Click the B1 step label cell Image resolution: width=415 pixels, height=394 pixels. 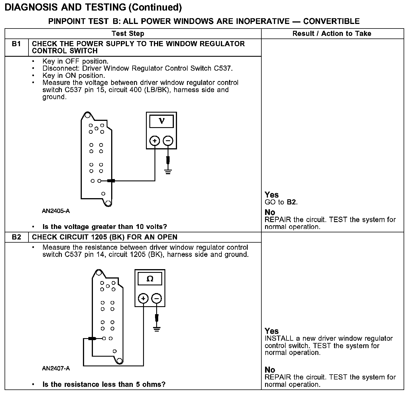[17, 44]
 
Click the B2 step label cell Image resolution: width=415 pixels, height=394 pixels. [17, 237]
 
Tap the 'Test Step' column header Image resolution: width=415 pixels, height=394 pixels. [128, 34]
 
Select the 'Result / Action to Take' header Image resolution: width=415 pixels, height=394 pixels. [332, 34]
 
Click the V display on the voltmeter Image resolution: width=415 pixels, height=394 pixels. [161, 121]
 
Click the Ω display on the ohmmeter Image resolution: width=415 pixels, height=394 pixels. [150, 279]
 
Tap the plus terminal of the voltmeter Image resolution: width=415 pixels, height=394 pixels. [155, 141]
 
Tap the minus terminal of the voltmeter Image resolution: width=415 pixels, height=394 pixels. [168, 141]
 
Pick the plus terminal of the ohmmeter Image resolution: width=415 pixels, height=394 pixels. [143, 298]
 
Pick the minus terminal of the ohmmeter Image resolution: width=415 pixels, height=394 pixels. [156, 298]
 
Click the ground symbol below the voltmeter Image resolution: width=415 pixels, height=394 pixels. [168, 172]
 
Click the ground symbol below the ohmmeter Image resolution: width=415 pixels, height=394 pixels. [156, 329]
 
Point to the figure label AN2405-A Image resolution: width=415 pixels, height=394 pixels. [56, 211]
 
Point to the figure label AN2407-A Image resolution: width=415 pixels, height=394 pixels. [56, 368]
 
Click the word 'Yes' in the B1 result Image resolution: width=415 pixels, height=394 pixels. [271, 195]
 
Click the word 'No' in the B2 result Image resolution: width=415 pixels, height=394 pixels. [270, 370]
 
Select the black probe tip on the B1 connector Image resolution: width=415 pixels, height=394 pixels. [111, 181]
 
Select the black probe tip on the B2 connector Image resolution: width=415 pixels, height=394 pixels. [92, 338]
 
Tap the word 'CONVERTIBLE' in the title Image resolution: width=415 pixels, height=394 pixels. [331, 21]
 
